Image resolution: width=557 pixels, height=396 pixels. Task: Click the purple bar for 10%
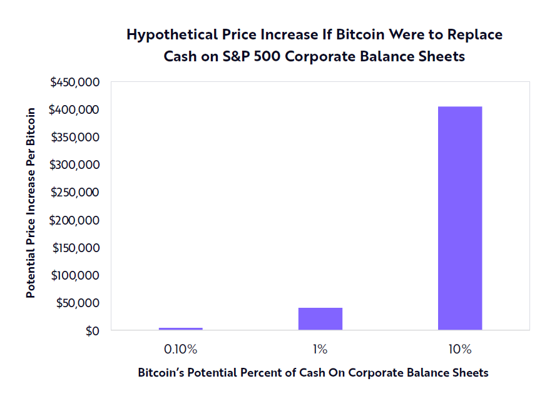[460, 218]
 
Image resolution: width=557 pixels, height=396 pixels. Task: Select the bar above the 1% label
[320, 318]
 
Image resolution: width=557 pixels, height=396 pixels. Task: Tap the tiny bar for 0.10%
[181, 328]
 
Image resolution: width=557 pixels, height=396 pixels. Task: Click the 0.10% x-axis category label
[181, 348]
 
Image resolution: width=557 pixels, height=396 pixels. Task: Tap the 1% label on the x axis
[320, 348]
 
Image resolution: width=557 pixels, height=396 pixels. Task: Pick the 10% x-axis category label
[460, 348]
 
